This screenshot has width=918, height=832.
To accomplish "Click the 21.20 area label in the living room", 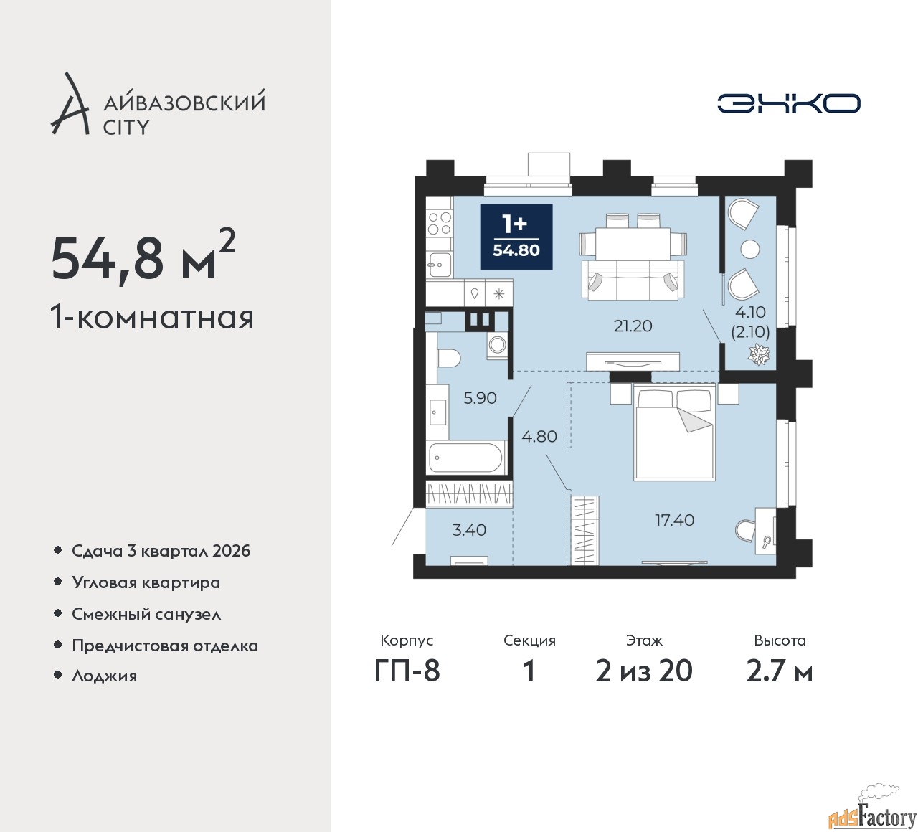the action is point(633,326).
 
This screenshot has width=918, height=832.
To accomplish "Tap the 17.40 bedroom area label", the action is point(675,520).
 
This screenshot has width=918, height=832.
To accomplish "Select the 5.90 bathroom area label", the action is point(480,397).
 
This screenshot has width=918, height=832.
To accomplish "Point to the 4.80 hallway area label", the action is point(539,436).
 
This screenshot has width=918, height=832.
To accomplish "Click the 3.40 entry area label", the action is point(468,530).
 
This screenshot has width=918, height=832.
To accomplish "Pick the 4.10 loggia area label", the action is point(750,312).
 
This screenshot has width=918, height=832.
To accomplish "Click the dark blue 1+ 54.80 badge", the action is point(516,237).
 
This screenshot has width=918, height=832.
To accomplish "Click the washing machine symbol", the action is point(498,344).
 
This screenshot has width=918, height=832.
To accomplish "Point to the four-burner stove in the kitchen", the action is point(440,223).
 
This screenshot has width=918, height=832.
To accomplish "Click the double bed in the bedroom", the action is point(674,432).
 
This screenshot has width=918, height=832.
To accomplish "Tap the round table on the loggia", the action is point(750,249).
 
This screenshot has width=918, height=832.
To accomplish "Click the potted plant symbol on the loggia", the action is point(760,354).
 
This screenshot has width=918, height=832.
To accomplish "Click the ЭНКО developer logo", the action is point(789,103).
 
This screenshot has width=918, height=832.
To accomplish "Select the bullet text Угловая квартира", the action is point(146,582).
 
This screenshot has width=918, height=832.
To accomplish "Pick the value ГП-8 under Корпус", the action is point(407,671).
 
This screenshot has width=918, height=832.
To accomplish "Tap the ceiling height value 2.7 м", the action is point(779,671).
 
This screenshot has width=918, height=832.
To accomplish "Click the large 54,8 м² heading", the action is point(143,257).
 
